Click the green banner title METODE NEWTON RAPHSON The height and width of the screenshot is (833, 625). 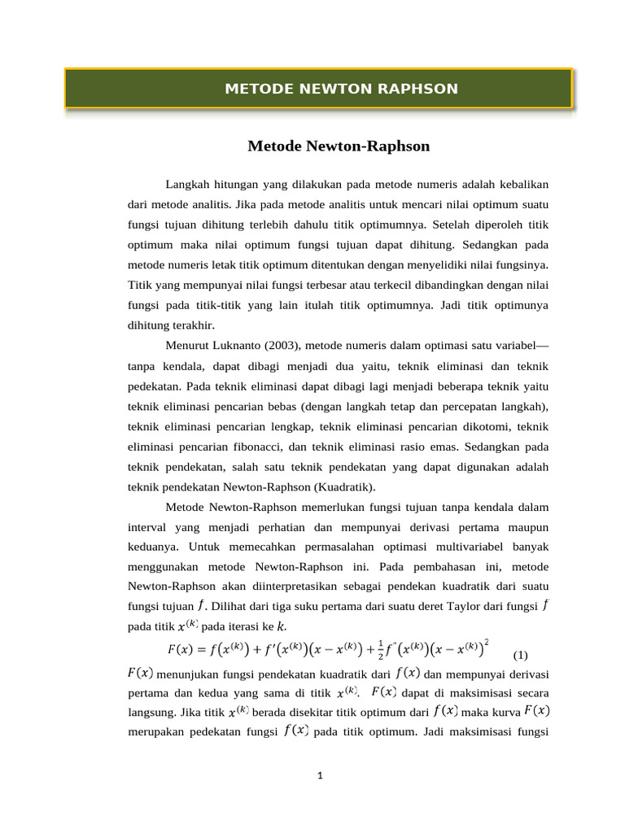[x=341, y=89]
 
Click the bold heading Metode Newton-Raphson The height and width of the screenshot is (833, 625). [x=338, y=146]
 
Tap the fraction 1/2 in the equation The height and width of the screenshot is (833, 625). [x=381, y=651]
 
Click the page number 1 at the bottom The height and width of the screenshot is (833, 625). [x=321, y=775]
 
